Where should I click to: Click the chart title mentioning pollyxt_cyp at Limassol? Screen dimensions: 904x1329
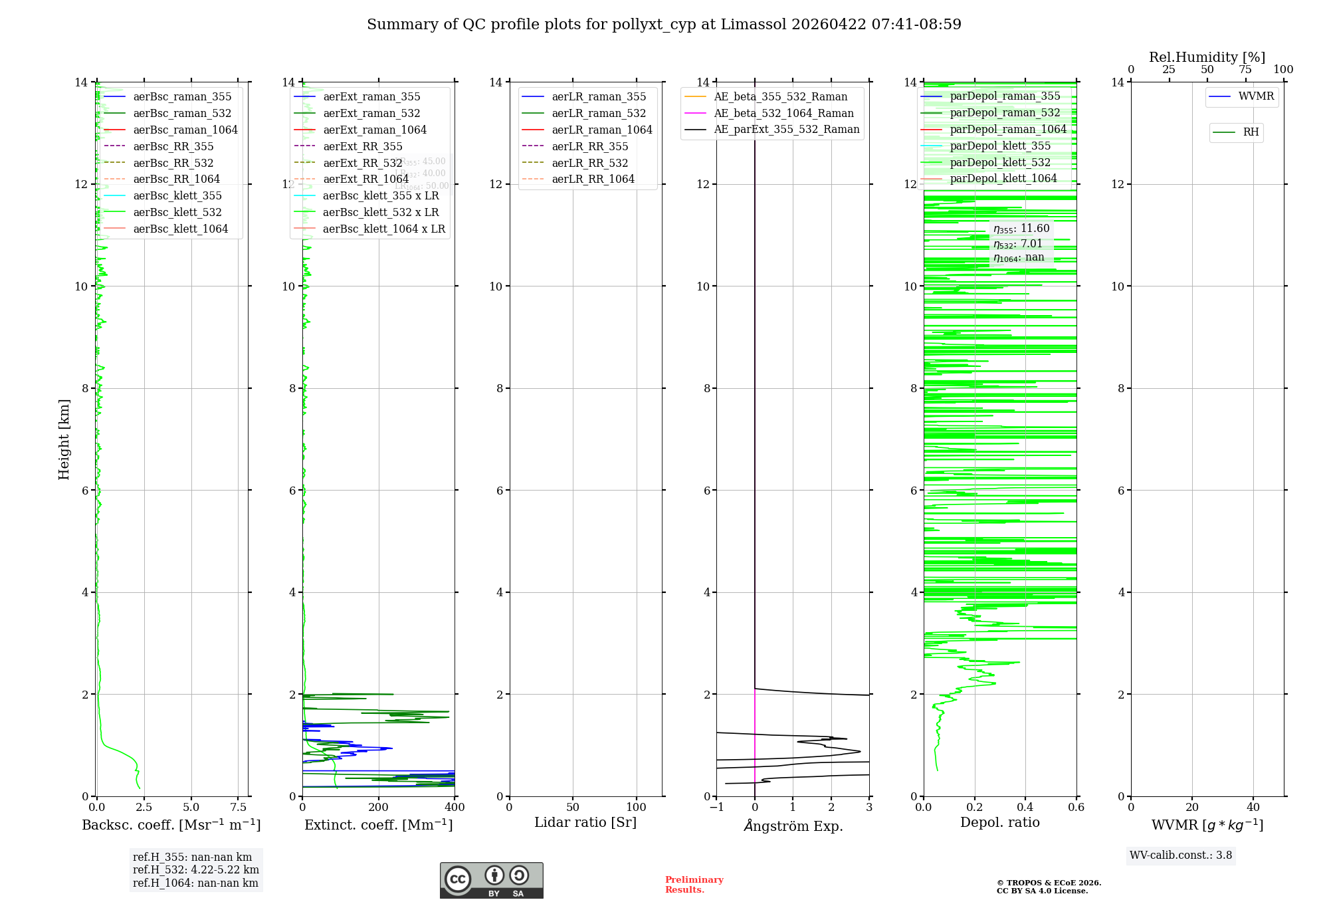[664, 25]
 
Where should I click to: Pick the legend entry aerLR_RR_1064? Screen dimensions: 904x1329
[593, 179]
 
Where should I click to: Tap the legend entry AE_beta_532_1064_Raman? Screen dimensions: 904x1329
[783, 113]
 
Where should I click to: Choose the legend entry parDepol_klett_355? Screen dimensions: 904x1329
[1000, 146]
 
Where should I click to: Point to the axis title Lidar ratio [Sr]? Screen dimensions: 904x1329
[585, 822]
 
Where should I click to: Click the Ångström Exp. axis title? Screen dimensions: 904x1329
[793, 826]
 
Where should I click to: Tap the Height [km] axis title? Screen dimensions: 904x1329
[64, 439]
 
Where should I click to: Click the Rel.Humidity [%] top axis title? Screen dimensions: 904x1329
[1207, 57]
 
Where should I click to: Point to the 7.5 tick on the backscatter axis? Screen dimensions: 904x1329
[239, 807]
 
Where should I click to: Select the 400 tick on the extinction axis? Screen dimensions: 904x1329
[455, 807]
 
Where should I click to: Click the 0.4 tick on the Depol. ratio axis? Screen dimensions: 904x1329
[1025, 807]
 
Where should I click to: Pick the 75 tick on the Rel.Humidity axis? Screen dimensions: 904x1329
[1245, 69]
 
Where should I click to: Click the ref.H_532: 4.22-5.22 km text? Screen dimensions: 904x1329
[195, 869]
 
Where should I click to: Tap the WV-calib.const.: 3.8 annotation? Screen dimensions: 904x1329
[1181, 855]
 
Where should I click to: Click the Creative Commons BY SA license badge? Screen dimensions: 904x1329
[491, 880]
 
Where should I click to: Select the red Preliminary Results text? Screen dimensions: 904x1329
[694, 884]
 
